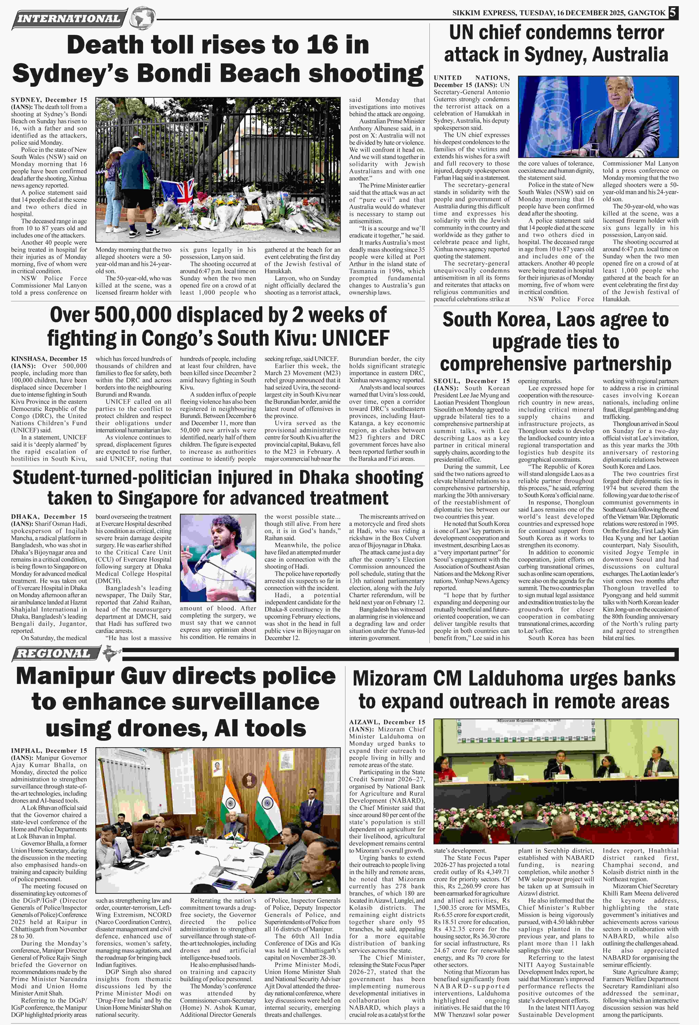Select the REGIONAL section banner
coord(53,653)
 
